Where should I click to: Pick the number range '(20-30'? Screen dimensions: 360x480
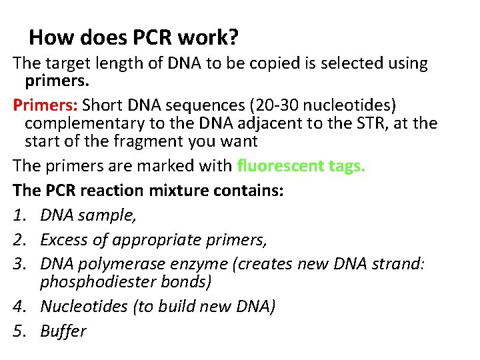coord(269,106)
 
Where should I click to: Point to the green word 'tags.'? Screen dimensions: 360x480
coord(345,166)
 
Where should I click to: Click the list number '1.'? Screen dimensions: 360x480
coord(20,215)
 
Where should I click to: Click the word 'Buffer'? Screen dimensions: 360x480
coord(63,331)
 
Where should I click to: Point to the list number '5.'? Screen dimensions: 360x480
coord(20,331)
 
